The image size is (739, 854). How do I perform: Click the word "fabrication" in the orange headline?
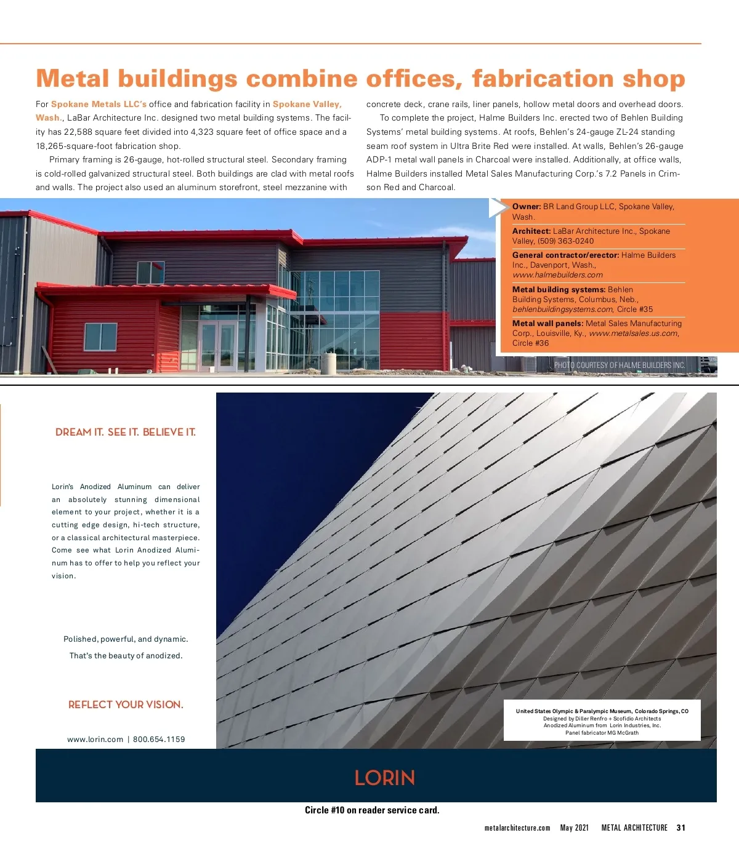click(x=543, y=79)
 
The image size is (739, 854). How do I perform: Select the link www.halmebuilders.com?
click(x=557, y=275)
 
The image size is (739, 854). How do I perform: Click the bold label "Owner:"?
click(x=527, y=207)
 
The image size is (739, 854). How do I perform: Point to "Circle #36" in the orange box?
click(x=530, y=343)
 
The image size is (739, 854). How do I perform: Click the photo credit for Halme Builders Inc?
click(x=619, y=365)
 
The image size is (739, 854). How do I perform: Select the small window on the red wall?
click(x=100, y=336)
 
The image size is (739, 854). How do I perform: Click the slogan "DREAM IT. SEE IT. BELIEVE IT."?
click(x=126, y=433)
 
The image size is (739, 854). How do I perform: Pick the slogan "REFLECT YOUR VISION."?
click(x=126, y=705)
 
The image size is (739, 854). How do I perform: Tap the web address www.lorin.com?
click(x=95, y=740)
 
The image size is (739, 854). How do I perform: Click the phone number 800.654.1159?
click(x=159, y=740)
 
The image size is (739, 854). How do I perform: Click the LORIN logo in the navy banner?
click(x=384, y=778)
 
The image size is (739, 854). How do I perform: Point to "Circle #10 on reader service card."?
click(x=372, y=810)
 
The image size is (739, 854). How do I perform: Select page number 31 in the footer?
click(x=680, y=828)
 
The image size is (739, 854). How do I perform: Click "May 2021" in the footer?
click(x=574, y=828)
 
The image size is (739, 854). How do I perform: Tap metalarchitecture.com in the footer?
click(x=517, y=828)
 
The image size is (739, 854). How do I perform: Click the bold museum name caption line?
click(x=602, y=711)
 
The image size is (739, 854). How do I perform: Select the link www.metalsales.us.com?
click(x=633, y=333)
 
